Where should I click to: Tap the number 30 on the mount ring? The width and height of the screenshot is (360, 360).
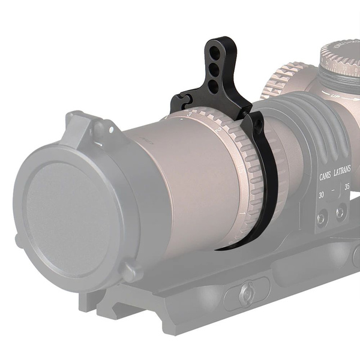(322, 195)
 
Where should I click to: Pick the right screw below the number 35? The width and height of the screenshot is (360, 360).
(341, 212)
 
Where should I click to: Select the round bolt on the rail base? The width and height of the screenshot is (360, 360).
(245, 293)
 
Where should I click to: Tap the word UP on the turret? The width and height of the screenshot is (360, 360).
(333, 95)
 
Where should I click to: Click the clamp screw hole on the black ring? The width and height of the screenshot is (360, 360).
(259, 122)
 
